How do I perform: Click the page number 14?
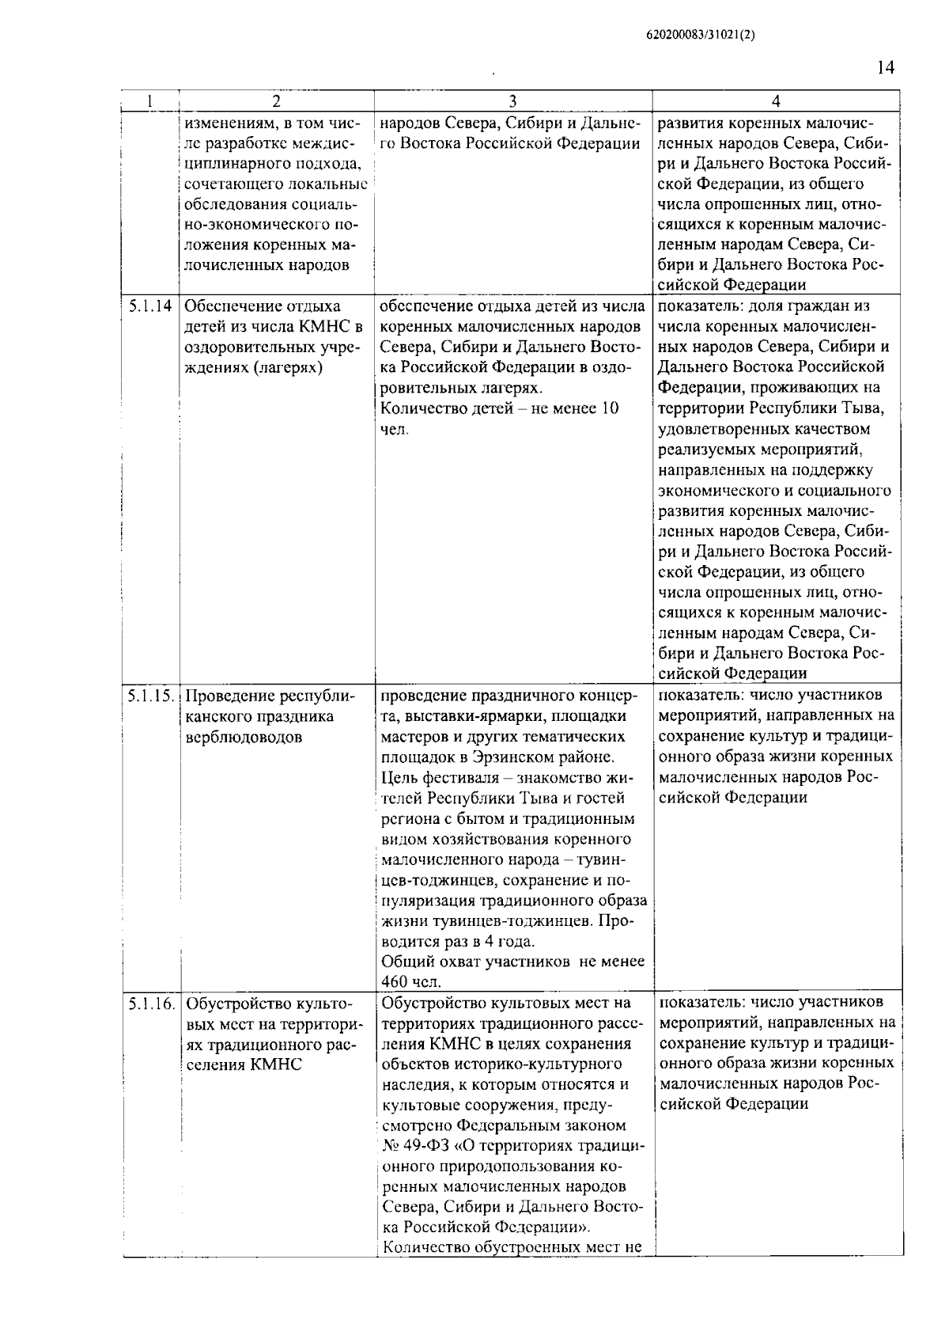pos(885,68)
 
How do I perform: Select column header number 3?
pos(512,101)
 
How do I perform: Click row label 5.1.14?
pos(149,306)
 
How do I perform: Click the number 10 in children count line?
pos(610,409)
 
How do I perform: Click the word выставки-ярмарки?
pos(463,716)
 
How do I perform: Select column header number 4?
pos(776,101)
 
